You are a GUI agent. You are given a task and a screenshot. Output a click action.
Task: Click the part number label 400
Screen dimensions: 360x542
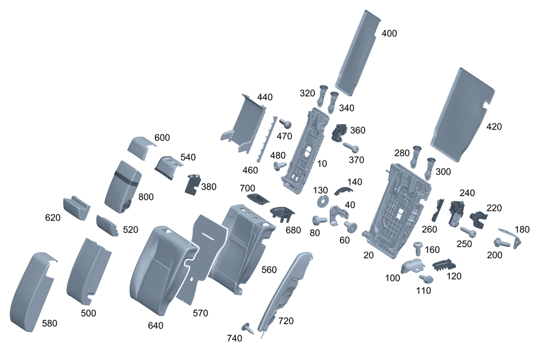click(x=389, y=34)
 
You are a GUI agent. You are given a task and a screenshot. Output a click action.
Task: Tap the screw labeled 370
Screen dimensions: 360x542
click(x=351, y=147)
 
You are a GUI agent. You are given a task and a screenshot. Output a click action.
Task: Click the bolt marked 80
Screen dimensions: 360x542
click(x=319, y=220)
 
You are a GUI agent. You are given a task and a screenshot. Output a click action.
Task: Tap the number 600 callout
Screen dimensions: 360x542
click(x=162, y=138)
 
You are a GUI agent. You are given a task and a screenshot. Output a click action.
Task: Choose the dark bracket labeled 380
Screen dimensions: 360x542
click(x=192, y=184)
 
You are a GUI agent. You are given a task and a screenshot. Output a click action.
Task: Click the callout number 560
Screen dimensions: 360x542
click(x=269, y=269)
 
